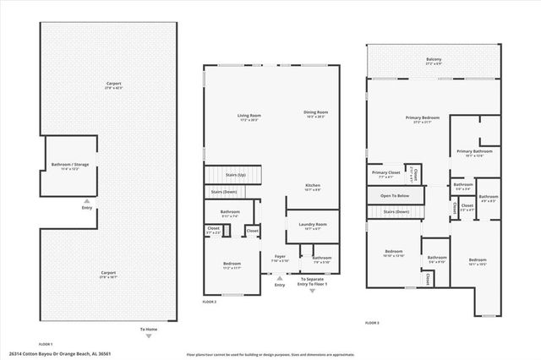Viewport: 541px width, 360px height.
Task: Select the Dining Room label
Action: (x=316, y=112)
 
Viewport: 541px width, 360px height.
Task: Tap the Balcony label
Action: (x=434, y=60)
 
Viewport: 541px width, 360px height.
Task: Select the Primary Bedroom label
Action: (x=422, y=118)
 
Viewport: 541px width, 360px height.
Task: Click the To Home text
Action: (x=148, y=330)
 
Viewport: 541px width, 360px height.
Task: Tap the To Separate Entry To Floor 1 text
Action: (x=316, y=282)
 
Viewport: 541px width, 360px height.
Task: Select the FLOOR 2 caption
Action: (x=210, y=302)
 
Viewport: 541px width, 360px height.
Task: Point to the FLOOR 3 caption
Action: (x=372, y=323)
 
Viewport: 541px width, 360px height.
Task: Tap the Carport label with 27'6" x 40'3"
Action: (x=114, y=84)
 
